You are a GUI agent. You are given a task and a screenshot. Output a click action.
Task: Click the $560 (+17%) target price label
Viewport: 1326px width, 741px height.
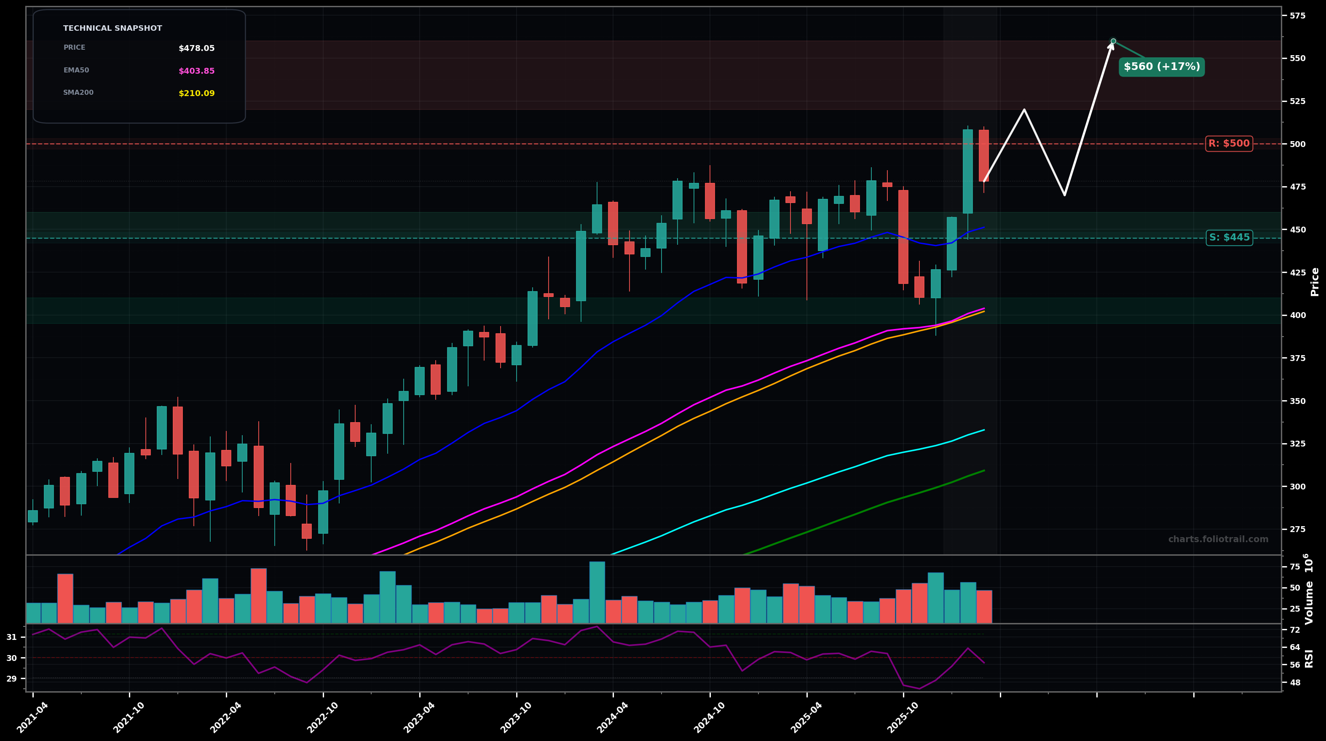(x=1161, y=67)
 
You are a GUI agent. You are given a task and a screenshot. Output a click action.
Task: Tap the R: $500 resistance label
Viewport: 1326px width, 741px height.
(x=1229, y=144)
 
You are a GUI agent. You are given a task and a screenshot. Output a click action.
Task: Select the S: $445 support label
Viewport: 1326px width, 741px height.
(x=1229, y=238)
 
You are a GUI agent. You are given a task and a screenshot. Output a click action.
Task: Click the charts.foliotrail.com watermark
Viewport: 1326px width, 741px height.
(x=1218, y=539)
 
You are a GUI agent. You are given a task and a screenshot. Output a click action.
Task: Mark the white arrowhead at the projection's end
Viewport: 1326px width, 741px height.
(x=1112, y=44)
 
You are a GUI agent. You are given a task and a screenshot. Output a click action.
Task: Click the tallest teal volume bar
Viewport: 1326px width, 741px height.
(x=597, y=592)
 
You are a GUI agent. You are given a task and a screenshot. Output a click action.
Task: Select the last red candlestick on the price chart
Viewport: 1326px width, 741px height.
(x=984, y=155)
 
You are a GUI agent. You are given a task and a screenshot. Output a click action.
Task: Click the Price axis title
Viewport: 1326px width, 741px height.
(x=1315, y=281)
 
